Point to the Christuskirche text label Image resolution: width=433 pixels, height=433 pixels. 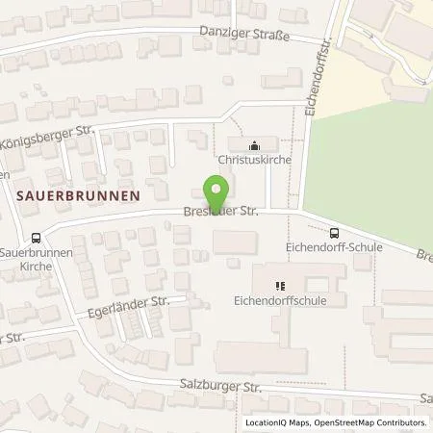(x=254, y=163)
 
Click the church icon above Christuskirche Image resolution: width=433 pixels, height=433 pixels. (x=254, y=145)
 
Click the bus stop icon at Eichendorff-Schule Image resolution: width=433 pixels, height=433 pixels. (x=334, y=232)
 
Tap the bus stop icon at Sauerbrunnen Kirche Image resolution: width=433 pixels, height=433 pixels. (x=36, y=238)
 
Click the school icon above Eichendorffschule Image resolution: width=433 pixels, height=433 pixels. (x=281, y=285)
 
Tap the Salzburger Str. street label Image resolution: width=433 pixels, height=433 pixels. (x=219, y=386)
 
